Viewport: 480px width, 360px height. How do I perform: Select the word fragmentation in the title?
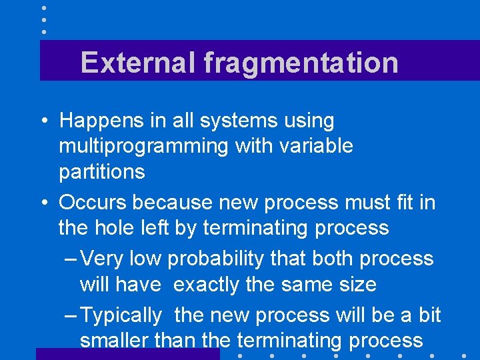click(301, 63)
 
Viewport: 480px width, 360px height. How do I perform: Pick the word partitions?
click(101, 171)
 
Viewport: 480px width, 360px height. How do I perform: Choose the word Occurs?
click(94, 202)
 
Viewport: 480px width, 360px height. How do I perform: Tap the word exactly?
click(207, 285)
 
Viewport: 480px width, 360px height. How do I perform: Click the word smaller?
click(114, 341)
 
